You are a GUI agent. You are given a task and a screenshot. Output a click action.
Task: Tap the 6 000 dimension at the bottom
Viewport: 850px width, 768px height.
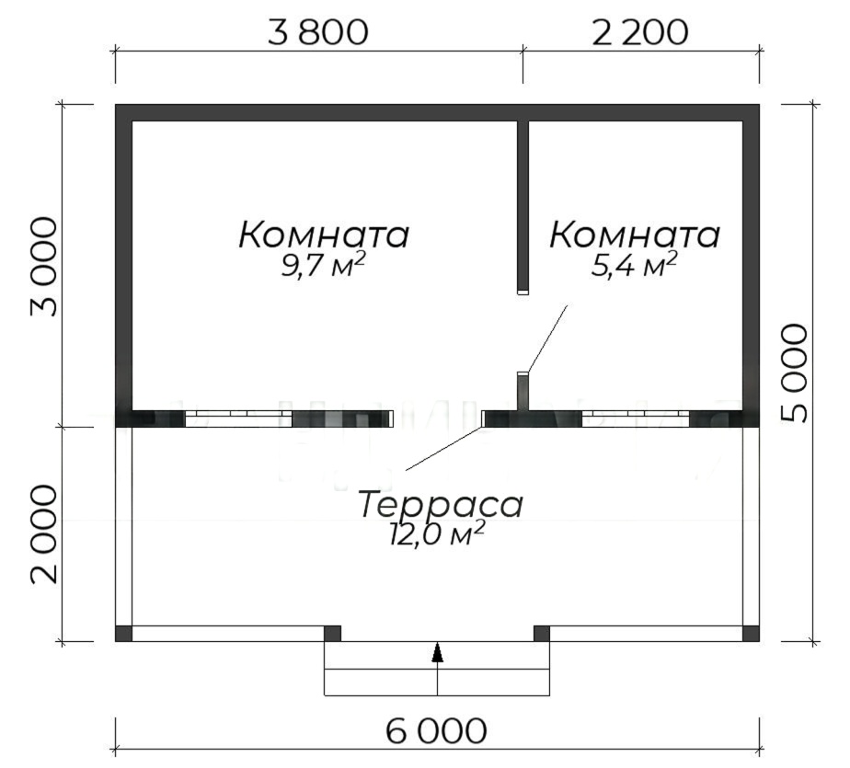[x=436, y=731]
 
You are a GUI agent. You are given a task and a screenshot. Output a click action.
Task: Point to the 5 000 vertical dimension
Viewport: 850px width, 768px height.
[x=795, y=373]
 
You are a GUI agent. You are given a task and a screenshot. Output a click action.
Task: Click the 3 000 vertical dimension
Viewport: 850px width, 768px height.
[x=43, y=267]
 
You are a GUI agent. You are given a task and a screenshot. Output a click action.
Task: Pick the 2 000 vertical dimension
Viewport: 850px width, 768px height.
[x=43, y=534]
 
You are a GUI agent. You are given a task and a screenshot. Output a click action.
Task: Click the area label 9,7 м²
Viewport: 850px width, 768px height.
[x=323, y=265]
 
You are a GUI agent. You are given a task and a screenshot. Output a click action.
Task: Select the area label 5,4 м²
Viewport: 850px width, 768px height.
[x=634, y=265]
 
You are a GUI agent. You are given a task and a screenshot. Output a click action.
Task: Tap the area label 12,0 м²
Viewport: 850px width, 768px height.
[x=436, y=533]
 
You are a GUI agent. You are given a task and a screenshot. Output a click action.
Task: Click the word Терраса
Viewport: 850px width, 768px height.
[x=441, y=505]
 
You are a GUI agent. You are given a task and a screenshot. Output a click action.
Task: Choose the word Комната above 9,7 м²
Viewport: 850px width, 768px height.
[x=324, y=235]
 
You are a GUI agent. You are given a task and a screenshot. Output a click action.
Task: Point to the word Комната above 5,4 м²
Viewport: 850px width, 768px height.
[x=635, y=235]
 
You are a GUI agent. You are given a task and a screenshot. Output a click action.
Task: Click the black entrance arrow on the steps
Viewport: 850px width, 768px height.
[x=438, y=652]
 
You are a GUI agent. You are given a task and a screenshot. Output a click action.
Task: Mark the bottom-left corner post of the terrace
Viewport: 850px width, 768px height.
[x=123, y=634]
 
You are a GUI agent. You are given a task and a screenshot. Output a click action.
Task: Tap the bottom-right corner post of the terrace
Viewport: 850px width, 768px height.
[x=751, y=634]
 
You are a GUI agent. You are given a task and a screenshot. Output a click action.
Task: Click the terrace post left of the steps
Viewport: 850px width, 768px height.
[x=332, y=634]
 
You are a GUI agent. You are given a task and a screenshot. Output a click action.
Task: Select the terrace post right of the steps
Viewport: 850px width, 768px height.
[x=542, y=634]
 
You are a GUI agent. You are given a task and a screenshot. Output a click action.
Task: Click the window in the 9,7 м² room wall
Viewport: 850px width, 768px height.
[x=238, y=419]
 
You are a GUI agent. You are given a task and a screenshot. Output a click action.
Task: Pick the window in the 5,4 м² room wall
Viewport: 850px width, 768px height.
[x=636, y=419]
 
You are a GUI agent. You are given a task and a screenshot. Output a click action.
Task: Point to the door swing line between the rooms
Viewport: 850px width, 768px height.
[x=547, y=338]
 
